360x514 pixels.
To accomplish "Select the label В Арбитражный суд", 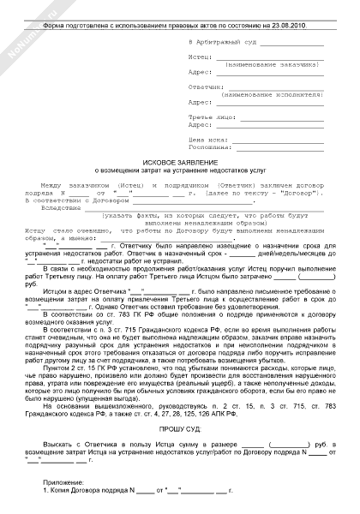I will (x=219, y=41).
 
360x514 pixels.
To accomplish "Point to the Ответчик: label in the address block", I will (x=202, y=87).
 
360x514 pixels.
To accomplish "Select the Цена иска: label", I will (x=204, y=139).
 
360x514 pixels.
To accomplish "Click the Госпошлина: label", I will (x=206, y=146).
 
